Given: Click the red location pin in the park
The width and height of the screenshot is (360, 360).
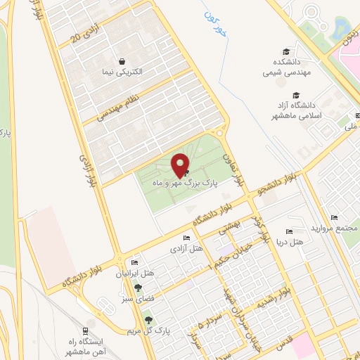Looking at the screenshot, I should (x=181, y=164).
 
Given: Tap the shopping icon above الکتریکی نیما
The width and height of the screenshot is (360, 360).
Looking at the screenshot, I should (x=123, y=61).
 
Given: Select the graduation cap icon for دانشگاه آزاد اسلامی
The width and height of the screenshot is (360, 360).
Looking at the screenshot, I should (x=296, y=95).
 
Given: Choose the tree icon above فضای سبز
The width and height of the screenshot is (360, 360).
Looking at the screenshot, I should (x=139, y=288).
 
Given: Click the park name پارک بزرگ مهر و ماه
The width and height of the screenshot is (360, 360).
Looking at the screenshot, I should (x=186, y=181).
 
